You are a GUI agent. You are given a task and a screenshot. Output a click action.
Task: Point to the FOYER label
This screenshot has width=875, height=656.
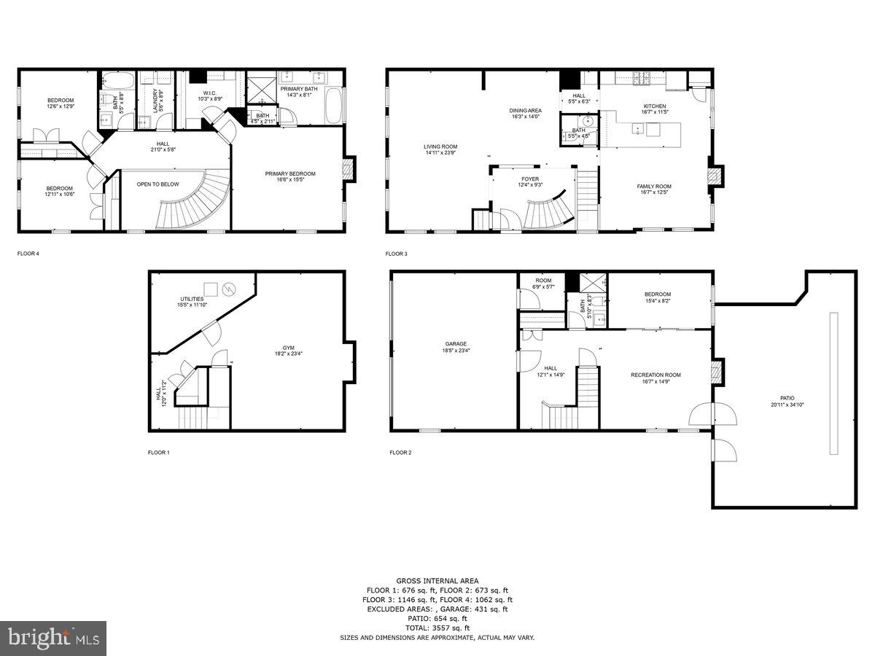click(529, 181)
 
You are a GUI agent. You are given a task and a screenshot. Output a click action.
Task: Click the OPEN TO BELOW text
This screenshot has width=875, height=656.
click(157, 184)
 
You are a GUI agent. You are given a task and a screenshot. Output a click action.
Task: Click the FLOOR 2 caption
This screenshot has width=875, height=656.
click(400, 453)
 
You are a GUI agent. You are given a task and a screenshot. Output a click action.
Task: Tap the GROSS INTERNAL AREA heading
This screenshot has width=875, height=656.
click(437, 580)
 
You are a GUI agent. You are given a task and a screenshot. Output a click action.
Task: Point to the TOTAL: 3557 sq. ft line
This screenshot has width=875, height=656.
click(437, 628)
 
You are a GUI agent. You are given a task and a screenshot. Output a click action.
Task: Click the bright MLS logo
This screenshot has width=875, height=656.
click(53, 639)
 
